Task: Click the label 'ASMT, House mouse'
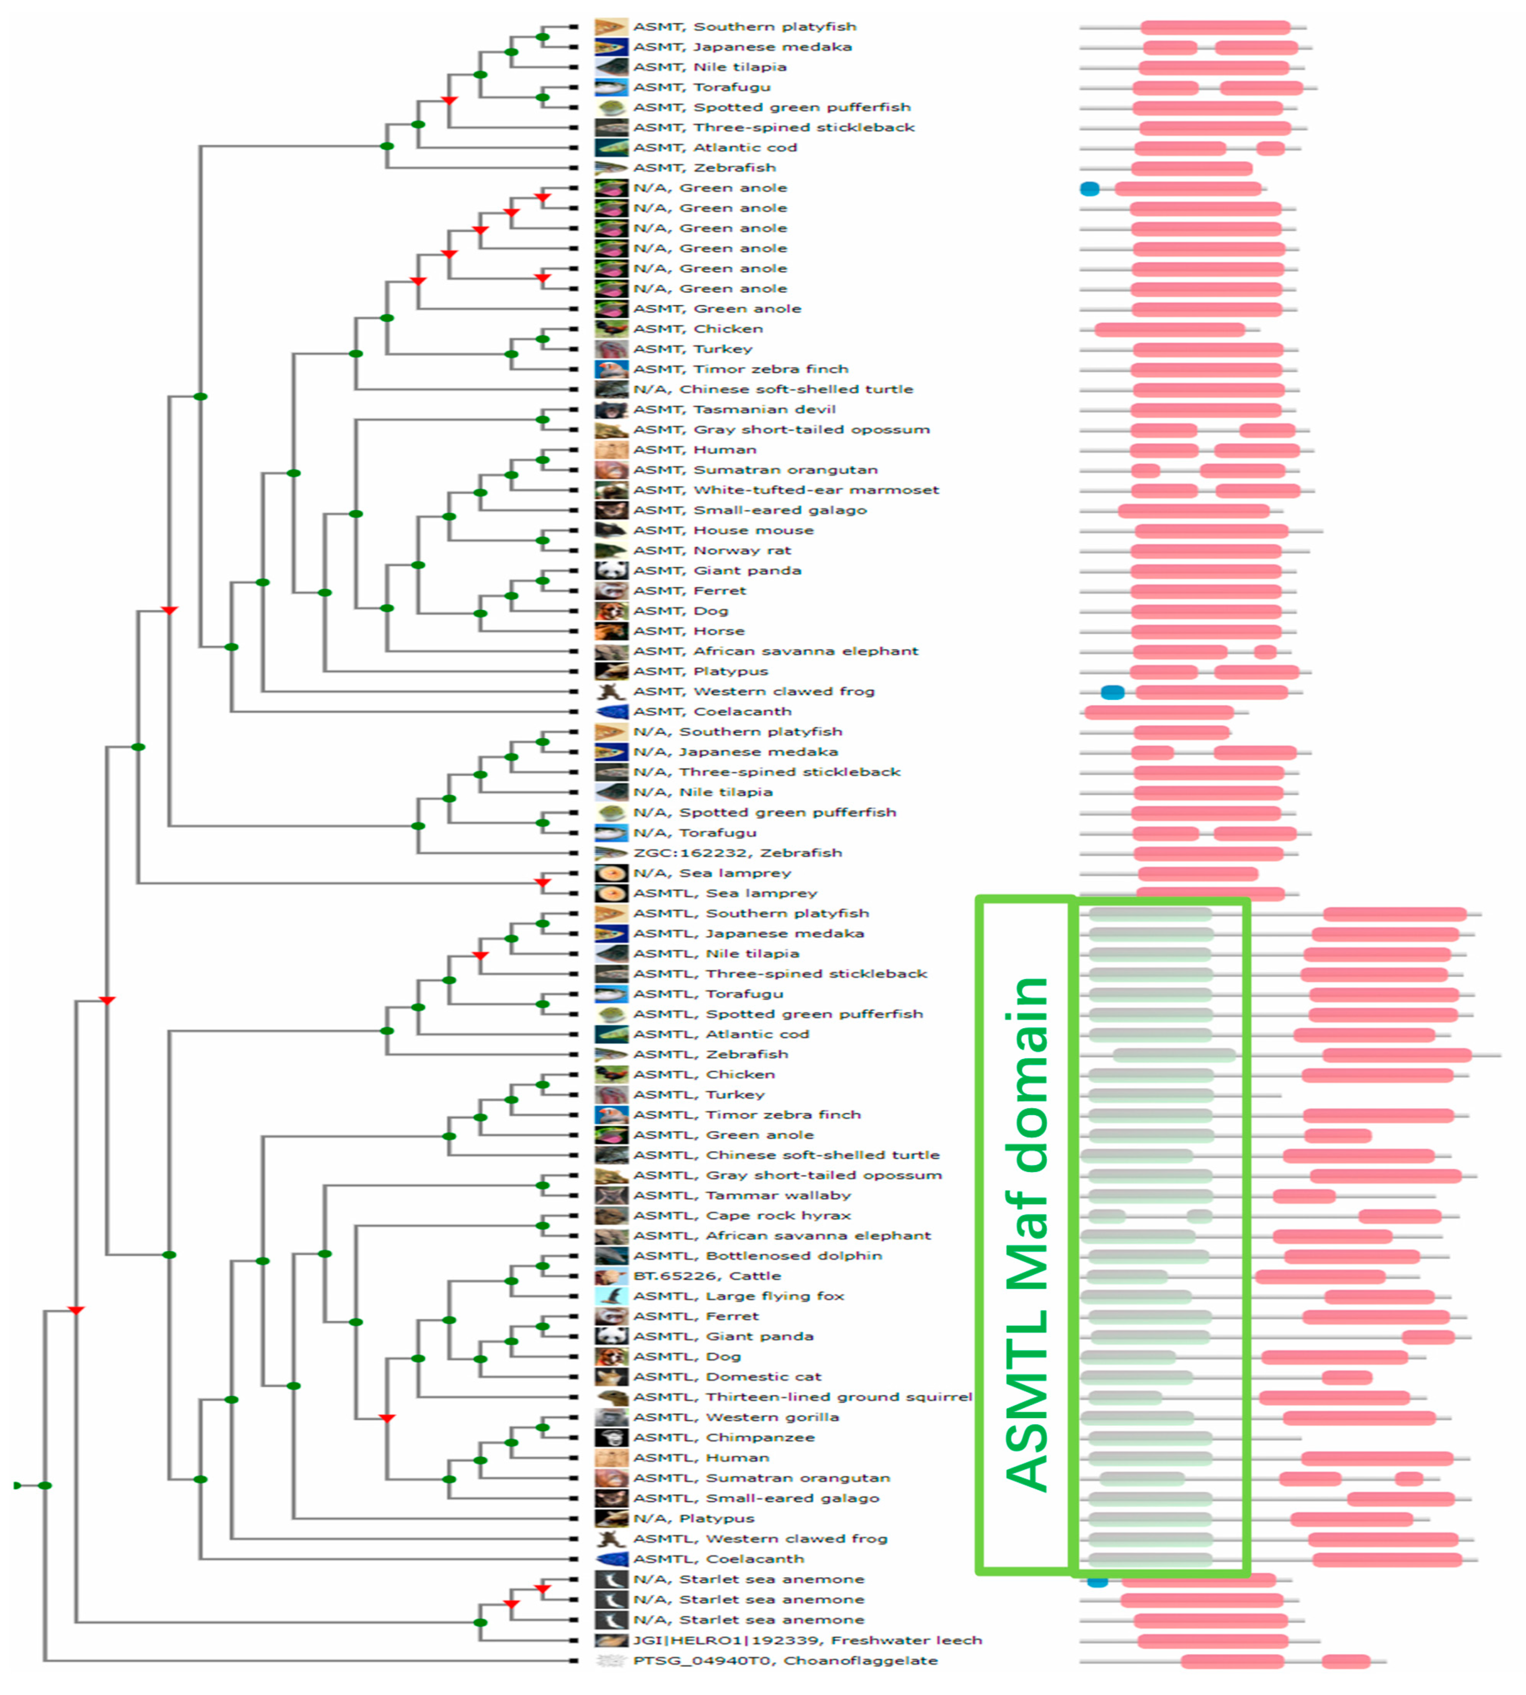723,530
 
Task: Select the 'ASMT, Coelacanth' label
712,711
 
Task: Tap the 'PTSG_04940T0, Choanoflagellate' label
785,1660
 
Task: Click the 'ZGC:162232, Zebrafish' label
737,852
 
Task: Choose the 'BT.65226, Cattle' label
707,1276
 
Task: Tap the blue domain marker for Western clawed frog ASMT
1112,692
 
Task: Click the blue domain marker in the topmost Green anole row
1089,189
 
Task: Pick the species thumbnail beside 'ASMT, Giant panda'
611,570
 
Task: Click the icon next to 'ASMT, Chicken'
611,329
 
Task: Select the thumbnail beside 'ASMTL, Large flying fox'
611,1296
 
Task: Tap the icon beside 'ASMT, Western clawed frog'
611,691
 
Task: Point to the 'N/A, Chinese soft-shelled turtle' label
772,389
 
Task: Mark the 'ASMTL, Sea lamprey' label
724,893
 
